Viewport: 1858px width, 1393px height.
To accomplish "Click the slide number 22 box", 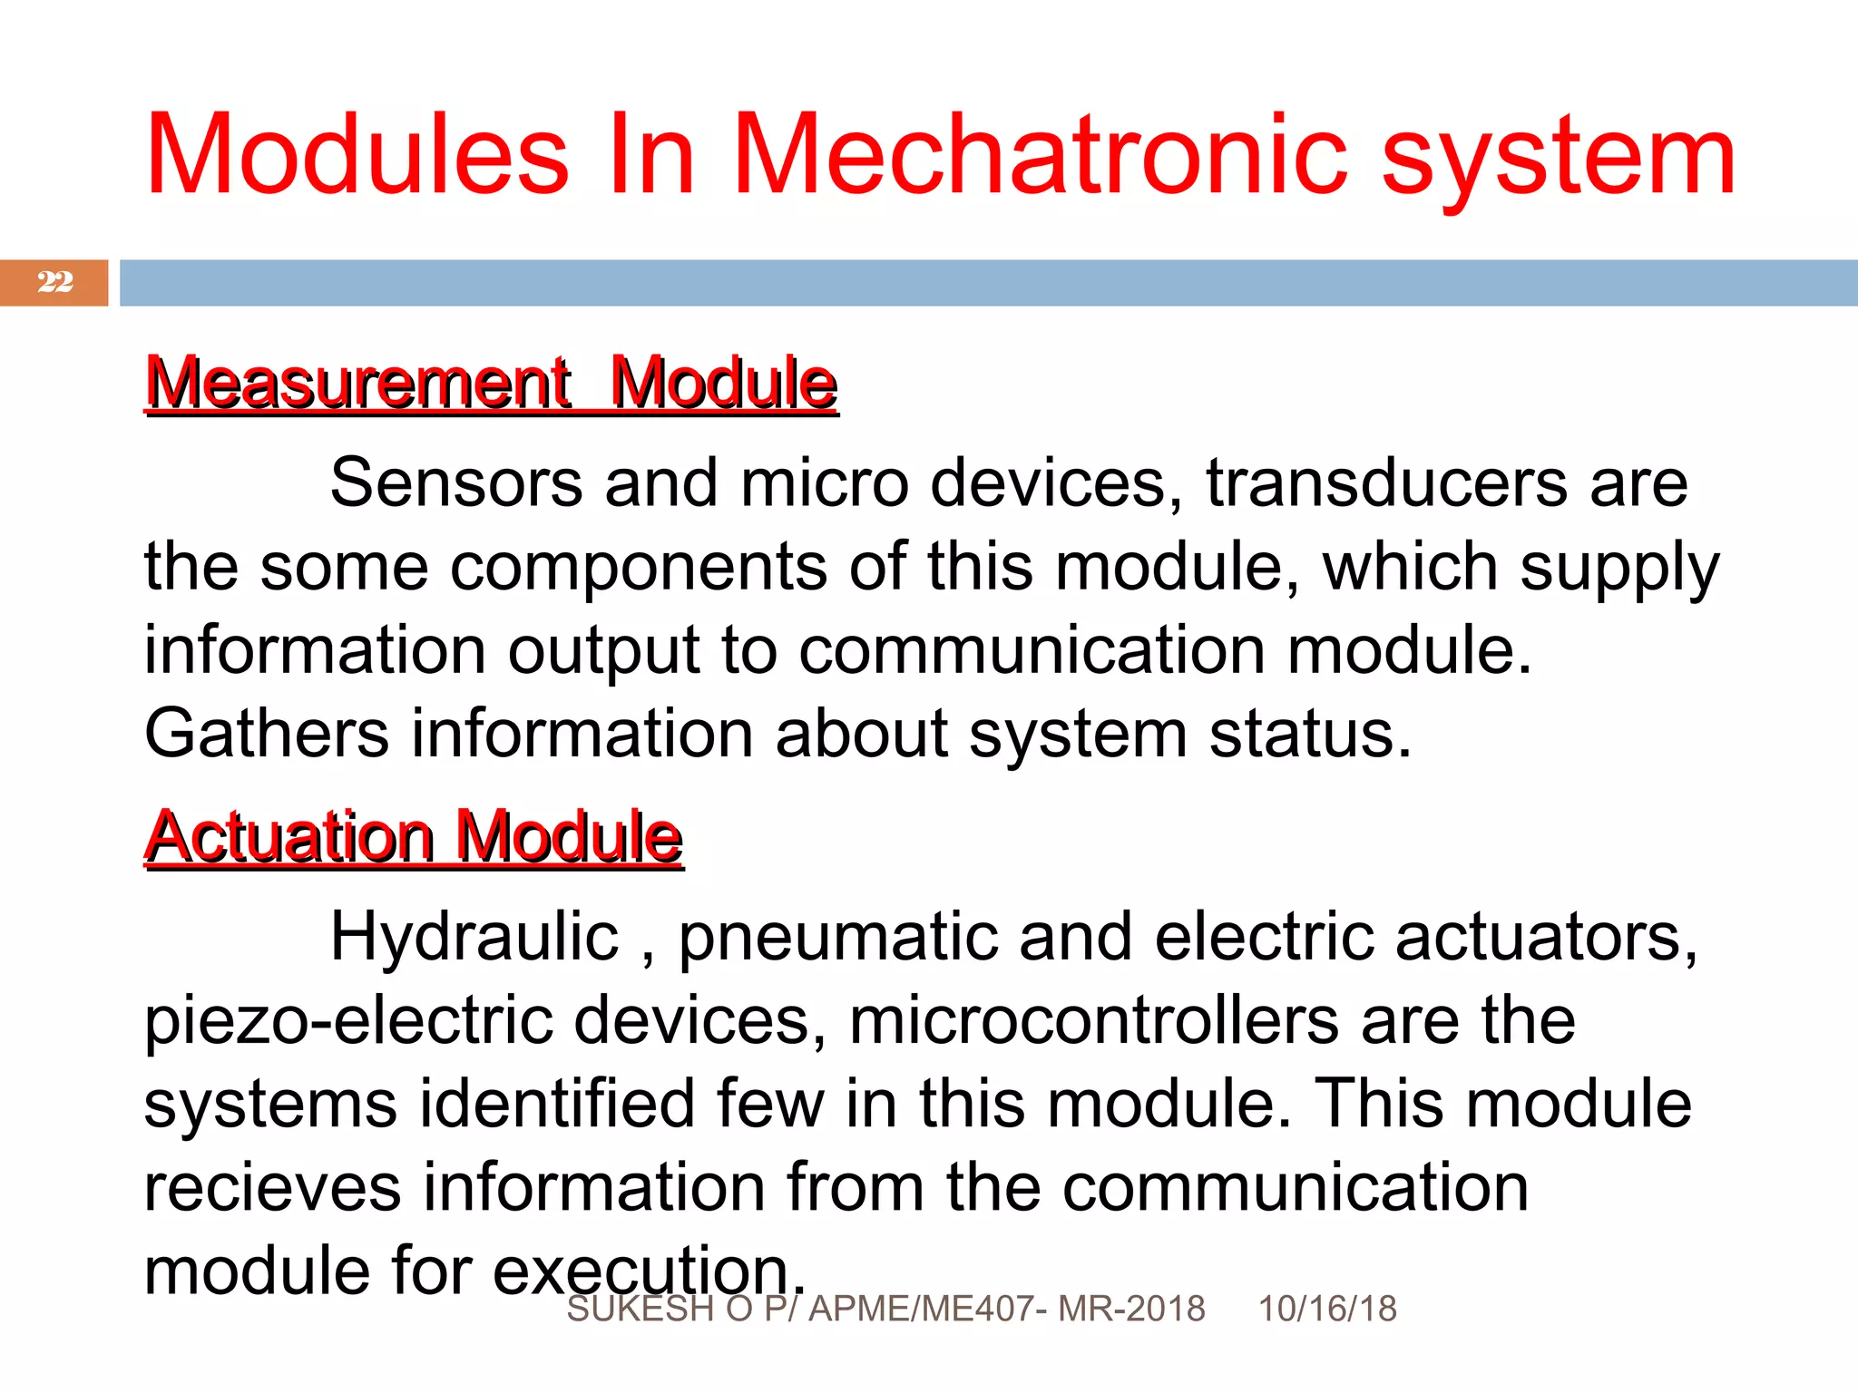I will (54, 282).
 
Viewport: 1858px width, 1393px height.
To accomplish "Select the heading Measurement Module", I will (491, 384).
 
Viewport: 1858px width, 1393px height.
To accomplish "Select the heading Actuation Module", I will (414, 837).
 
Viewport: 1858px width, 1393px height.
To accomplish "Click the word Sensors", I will (455, 482).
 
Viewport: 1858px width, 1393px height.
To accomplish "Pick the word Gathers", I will (267, 734).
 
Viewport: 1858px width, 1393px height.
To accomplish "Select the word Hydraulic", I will (474, 937).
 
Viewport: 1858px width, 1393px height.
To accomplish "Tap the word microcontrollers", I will (1093, 1020).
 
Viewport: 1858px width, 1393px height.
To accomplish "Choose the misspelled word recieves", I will (272, 1188).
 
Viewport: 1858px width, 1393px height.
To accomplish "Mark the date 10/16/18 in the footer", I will (1326, 1309).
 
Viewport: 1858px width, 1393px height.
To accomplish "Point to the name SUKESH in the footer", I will (640, 1309).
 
